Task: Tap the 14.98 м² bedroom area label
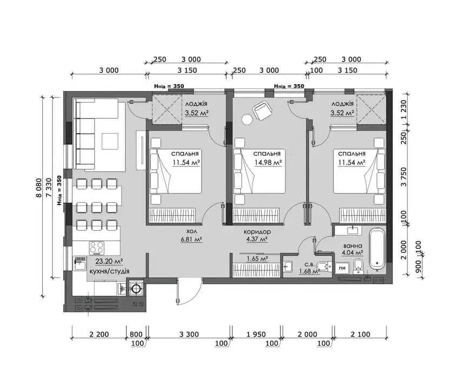(269, 162)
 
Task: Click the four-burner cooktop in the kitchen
(97, 248)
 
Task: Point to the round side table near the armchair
(247, 119)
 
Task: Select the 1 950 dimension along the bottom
(256, 334)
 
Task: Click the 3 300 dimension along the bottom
(189, 334)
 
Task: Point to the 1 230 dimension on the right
(404, 110)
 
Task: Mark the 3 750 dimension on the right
(404, 176)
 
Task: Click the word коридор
(257, 231)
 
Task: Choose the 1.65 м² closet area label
(257, 258)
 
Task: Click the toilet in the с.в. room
(324, 266)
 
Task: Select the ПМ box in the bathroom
(343, 268)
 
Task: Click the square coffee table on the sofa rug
(110, 141)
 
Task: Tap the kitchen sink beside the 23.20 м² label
(79, 263)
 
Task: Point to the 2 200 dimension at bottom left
(99, 334)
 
